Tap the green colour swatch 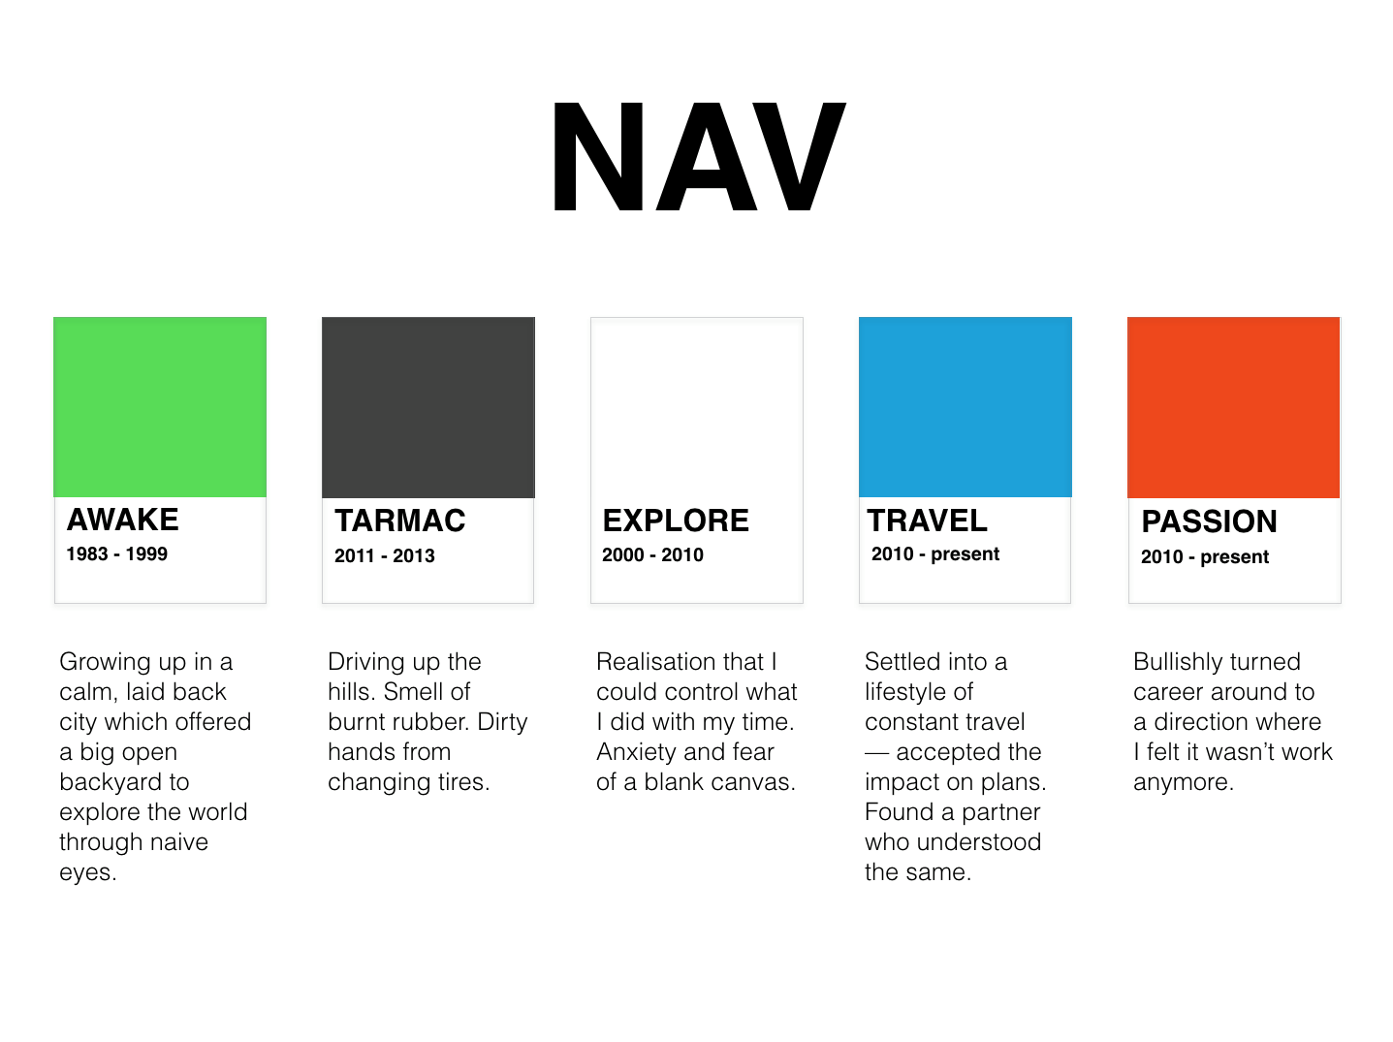click(x=160, y=407)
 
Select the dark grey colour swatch click(x=428, y=407)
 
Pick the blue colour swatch click(x=966, y=407)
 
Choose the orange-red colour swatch click(x=1234, y=407)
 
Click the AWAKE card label click(x=122, y=520)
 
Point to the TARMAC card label click(x=399, y=521)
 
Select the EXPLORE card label click(x=676, y=521)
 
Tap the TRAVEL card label click(x=927, y=521)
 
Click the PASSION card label click(x=1209, y=521)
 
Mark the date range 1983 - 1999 click(x=116, y=554)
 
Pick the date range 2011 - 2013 click(x=385, y=556)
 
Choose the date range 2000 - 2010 click(x=652, y=555)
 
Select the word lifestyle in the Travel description click(x=904, y=692)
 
